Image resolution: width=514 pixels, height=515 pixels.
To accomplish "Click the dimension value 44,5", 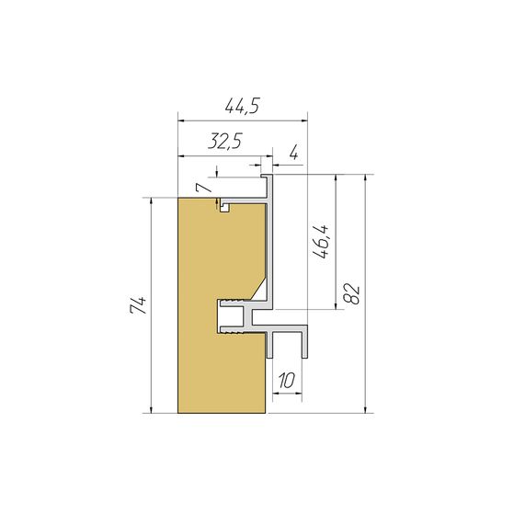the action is point(243,106).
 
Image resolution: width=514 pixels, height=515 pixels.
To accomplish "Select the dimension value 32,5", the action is point(225,142).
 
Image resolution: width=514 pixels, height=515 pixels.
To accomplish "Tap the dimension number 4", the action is point(294,153).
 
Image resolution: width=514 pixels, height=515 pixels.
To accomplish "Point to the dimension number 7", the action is point(203,188).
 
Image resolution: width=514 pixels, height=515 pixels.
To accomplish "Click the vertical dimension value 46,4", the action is point(321,241).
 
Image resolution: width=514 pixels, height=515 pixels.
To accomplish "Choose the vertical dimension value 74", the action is point(138,305).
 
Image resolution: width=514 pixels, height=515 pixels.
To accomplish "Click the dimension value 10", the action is point(287,381).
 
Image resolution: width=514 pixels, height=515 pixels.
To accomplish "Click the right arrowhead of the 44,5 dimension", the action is point(303,120).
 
